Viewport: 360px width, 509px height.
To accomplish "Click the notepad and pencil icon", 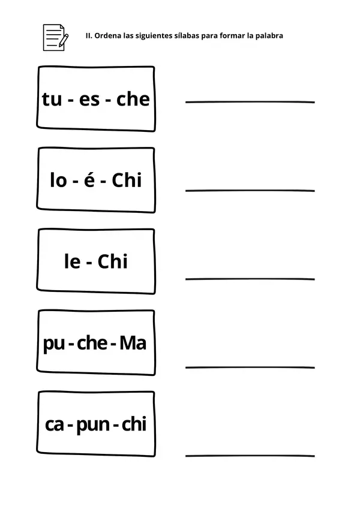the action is pyautogui.click(x=56, y=37).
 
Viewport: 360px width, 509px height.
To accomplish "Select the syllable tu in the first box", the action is pyautogui.click(x=52, y=99).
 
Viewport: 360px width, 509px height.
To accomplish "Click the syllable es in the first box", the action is pyautogui.click(x=89, y=100).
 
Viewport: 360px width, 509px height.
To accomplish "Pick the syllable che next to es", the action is pyautogui.click(x=133, y=99).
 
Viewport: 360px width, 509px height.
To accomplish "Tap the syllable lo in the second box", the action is pyautogui.click(x=58, y=180).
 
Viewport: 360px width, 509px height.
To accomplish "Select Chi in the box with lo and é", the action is pyautogui.click(x=127, y=180).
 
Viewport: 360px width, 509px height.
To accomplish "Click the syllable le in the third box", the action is pyautogui.click(x=73, y=261).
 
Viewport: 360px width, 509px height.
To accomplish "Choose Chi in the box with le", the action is pyautogui.click(x=112, y=261).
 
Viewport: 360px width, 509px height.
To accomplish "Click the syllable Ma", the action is pyautogui.click(x=133, y=343).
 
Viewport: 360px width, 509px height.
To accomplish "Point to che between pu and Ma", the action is pyautogui.click(x=92, y=343).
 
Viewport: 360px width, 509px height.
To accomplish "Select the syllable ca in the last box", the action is pyautogui.click(x=55, y=424).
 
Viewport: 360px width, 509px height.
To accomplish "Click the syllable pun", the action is pyautogui.click(x=93, y=425).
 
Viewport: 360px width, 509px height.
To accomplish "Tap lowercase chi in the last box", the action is pyautogui.click(x=134, y=424).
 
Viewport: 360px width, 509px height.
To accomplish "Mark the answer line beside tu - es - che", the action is pyautogui.click(x=250, y=102).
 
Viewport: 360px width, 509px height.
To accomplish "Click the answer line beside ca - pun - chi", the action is pyautogui.click(x=250, y=456).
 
